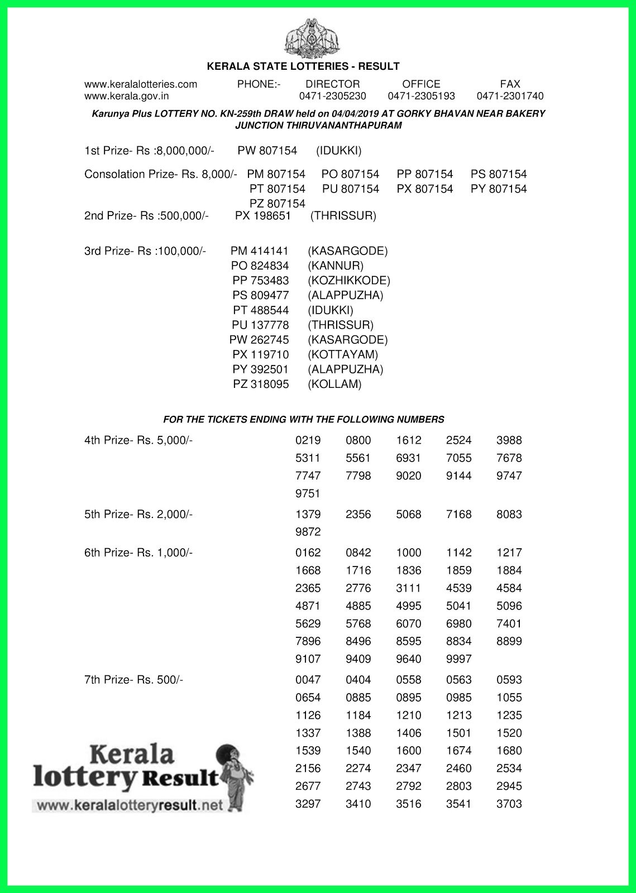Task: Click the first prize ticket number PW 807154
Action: [x=267, y=151]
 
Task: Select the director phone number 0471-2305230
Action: [x=333, y=96]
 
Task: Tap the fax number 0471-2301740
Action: [x=510, y=96]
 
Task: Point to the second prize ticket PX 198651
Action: [x=263, y=216]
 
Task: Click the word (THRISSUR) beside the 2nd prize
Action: [x=343, y=216]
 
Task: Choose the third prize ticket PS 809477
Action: [x=261, y=295]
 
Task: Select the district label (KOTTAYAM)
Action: [x=343, y=354]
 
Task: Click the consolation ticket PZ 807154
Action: [x=278, y=203]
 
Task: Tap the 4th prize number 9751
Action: [x=308, y=493]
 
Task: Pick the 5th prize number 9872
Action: [x=308, y=532]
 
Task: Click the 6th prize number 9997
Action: [x=458, y=659]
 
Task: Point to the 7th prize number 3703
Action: [x=509, y=804]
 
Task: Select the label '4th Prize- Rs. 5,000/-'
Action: [x=138, y=440]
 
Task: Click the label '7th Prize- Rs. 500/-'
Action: [x=133, y=680]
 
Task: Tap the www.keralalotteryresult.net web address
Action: [x=129, y=806]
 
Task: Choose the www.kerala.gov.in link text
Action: [x=126, y=96]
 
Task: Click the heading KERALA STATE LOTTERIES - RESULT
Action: [x=303, y=66]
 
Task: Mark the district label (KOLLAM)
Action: [x=334, y=384]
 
